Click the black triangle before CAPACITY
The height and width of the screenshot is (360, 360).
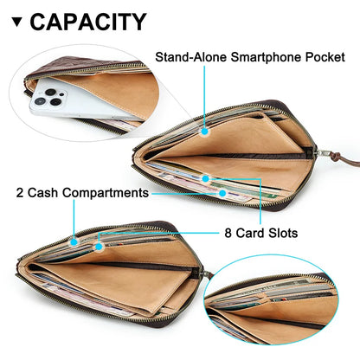17,22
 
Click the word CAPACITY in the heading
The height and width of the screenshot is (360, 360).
88,22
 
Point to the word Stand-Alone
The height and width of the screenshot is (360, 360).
190,57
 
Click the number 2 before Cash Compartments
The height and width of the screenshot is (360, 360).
20,193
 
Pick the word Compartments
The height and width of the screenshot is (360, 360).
106,193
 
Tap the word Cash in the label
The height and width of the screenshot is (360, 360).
42,193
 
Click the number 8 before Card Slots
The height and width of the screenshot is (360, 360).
228,233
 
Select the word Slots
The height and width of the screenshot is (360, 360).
283,233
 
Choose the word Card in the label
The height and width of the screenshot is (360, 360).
250,233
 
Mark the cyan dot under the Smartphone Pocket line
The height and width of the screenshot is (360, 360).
204,132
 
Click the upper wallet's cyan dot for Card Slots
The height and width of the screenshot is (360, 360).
205,179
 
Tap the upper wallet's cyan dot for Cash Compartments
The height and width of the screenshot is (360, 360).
222,193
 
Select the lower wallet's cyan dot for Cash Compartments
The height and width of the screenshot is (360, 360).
74,241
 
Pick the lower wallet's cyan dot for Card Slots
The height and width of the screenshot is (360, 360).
99,247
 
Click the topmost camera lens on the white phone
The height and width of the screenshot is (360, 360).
51,92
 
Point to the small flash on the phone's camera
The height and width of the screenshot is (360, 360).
61,94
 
